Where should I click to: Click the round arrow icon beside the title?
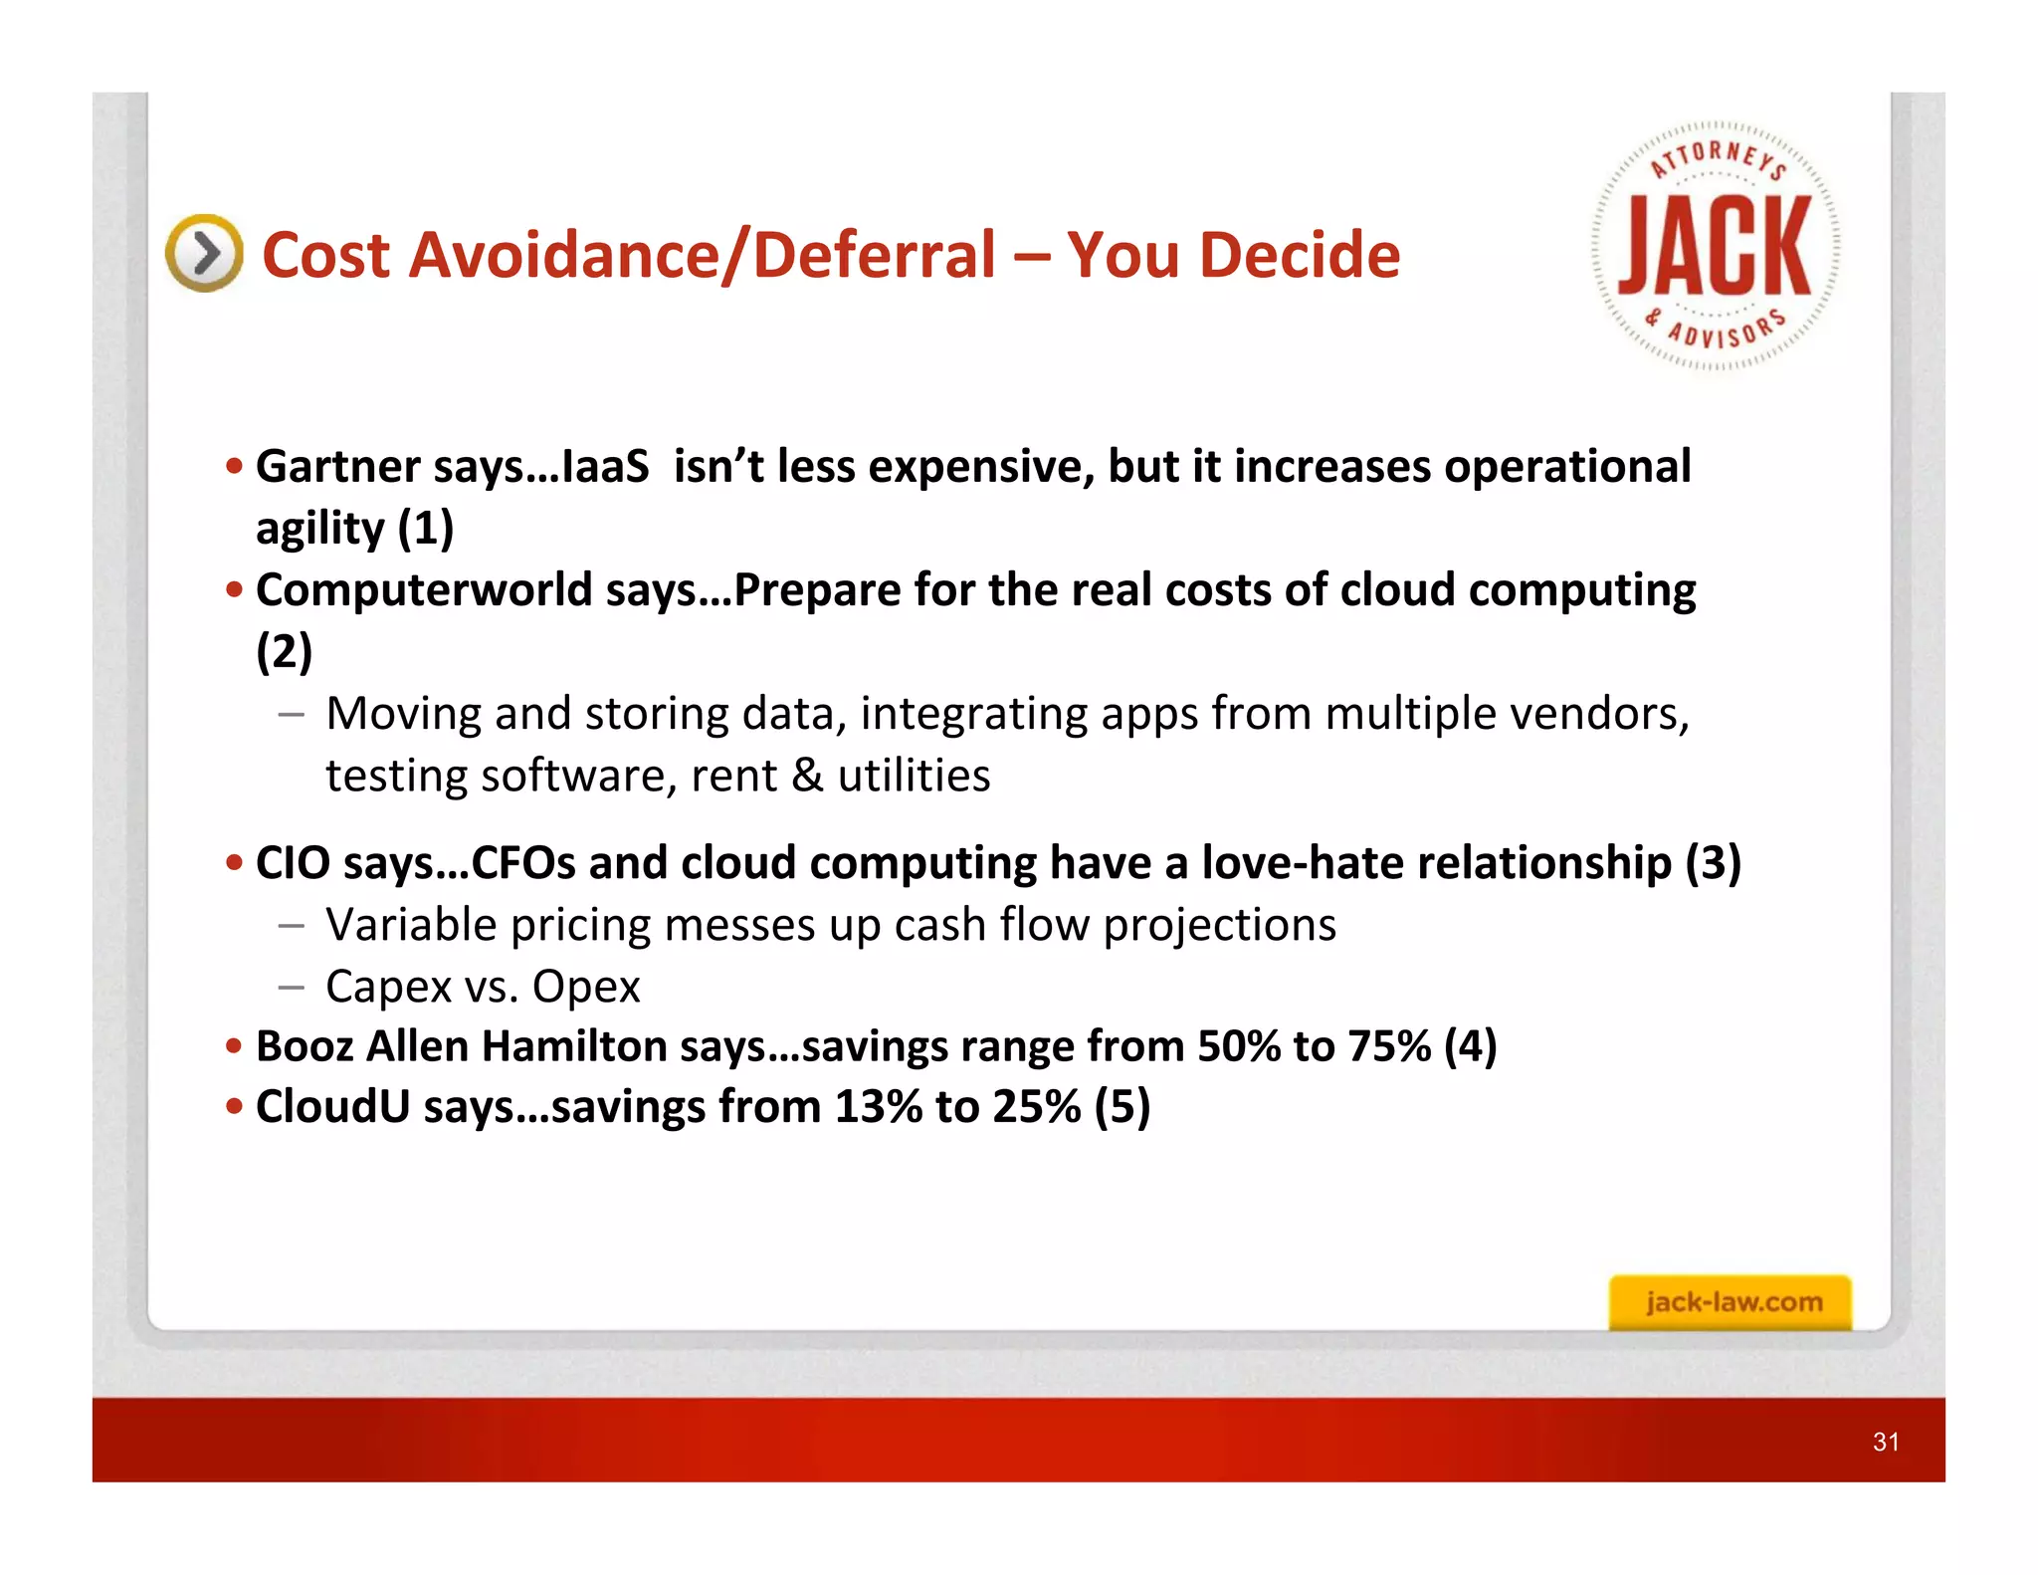tap(204, 253)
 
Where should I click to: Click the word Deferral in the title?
tap(873, 255)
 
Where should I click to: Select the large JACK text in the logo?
tap(1715, 246)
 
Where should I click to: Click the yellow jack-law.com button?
tap(1731, 1302)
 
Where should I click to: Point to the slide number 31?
tap(1886, 1442)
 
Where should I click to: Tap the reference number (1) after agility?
tap(426, 528)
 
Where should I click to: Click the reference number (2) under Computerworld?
tap(285, 652)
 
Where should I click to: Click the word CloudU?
tap(332, 1107)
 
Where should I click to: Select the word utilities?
tap(914, 776)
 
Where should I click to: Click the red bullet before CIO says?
tap(235, 863)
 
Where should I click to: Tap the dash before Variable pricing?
tap(292, 926)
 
